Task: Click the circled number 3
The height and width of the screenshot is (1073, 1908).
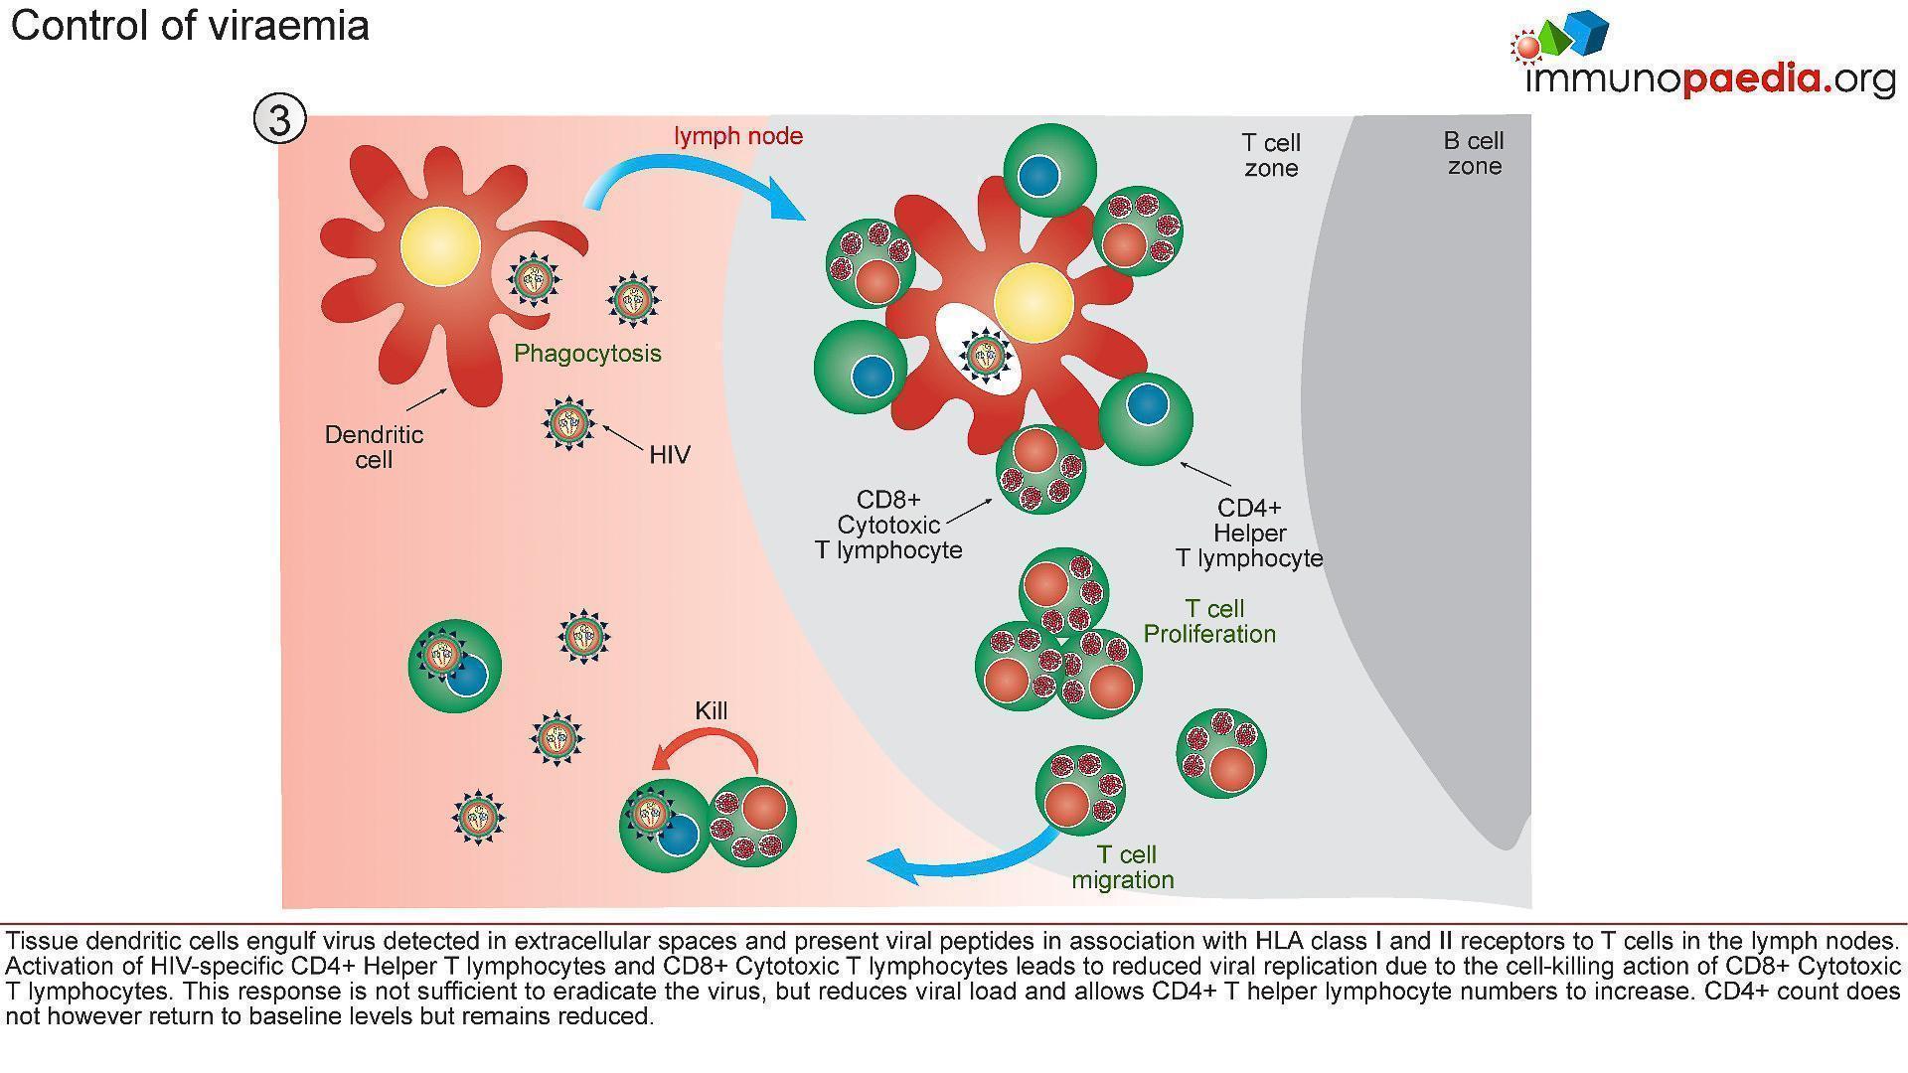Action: click(279, 119)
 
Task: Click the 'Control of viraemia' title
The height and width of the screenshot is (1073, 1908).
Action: click(190, 25)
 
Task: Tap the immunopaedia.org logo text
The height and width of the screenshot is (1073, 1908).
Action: click(1709, 78)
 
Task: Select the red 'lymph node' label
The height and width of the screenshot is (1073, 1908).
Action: click(738, 136)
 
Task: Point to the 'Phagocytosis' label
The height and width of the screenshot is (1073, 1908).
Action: click(587, 354)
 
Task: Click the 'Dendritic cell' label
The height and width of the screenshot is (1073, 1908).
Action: click(374, 447)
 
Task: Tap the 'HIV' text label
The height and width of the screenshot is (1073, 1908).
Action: click(669, 455)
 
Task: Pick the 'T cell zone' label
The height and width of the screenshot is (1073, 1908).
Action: click(1271, 155)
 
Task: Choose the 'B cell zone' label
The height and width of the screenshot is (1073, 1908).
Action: click(1474, 153)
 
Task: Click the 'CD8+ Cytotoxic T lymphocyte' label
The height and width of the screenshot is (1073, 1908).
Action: click(888, 525)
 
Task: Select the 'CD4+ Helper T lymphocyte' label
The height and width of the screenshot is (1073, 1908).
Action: click(1249, 534)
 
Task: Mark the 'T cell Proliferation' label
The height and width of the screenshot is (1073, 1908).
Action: click(1210, 621)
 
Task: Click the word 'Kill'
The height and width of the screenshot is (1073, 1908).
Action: click(711, 711)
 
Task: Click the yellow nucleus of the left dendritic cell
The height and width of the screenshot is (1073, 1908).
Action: click(440, 248)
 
